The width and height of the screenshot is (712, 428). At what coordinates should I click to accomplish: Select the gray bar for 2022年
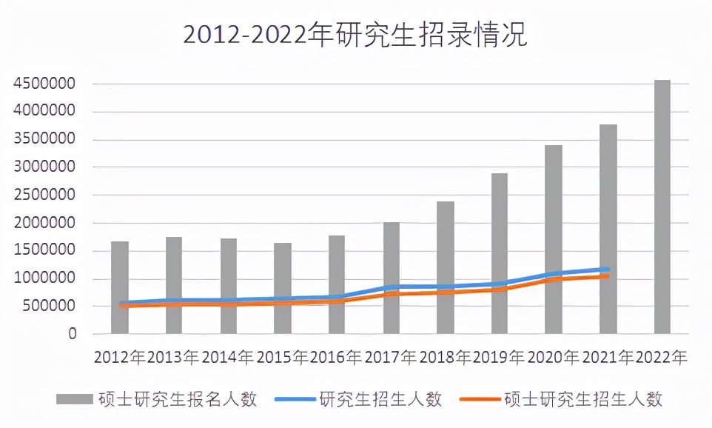click(x=662, y=207)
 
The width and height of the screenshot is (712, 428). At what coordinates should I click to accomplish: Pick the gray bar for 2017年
click(x=391, y=244)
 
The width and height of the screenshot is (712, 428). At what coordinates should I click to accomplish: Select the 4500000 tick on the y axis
click(x=45, y=84)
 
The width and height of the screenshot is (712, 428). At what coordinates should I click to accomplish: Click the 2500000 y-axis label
click(x=45, y=195)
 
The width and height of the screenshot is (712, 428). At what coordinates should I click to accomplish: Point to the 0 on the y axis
click(x=72, y=335)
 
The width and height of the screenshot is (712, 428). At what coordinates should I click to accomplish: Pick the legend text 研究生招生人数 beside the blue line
click(x=380, y=399)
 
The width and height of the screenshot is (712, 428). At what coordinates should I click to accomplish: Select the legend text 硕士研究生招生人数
click(x=582, y=399)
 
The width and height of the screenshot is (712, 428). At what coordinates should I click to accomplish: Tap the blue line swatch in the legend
click(x=295, y=400)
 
